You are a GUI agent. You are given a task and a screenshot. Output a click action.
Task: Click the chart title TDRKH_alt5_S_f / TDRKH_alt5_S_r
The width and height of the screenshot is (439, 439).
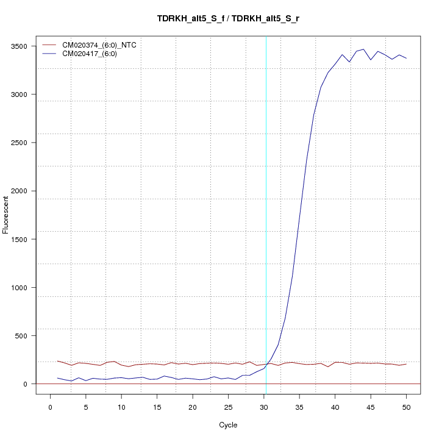(x=228, y=18)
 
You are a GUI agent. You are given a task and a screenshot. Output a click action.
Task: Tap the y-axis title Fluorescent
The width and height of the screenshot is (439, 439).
(x=6, y=214)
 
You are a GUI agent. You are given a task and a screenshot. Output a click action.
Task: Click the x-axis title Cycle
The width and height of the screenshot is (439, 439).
(x=228, y=425)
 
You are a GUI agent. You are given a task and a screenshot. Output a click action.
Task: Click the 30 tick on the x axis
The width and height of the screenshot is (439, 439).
(x=264, y=407)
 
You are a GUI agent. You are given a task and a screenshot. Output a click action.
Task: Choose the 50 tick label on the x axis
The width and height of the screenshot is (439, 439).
(x=406, y=407)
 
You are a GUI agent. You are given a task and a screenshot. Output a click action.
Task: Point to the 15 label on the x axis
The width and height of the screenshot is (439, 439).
(x=157, y=407)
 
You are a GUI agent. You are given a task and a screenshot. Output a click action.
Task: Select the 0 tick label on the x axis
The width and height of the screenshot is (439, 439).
(x=51, y=407)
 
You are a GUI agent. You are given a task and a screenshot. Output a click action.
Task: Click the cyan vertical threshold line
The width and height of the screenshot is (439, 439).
(x=266, y=213)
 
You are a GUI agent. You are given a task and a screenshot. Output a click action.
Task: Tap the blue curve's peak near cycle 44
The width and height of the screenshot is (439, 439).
(x=363, y=49)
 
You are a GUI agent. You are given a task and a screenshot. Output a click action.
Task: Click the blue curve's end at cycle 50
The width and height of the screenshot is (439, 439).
(x=406, y=58)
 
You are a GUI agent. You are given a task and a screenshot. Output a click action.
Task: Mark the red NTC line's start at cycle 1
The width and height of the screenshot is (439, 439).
(x=58, y=361)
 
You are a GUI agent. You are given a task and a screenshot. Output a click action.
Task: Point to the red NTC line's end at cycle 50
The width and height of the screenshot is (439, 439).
(x=406, y=364)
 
